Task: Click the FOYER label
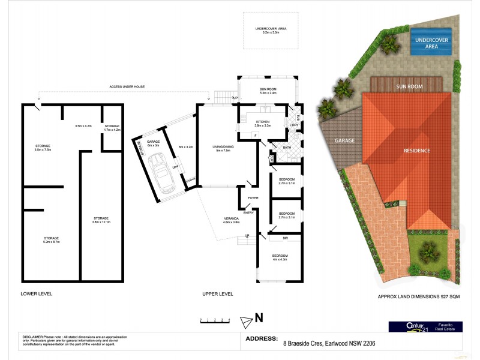point(253,197)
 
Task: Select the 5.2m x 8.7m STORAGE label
point(50,239)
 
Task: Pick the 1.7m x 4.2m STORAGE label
point(112,127)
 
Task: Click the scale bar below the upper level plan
point(214,320)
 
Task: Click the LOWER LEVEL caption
point(37,294)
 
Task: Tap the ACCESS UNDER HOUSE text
point(127,86)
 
